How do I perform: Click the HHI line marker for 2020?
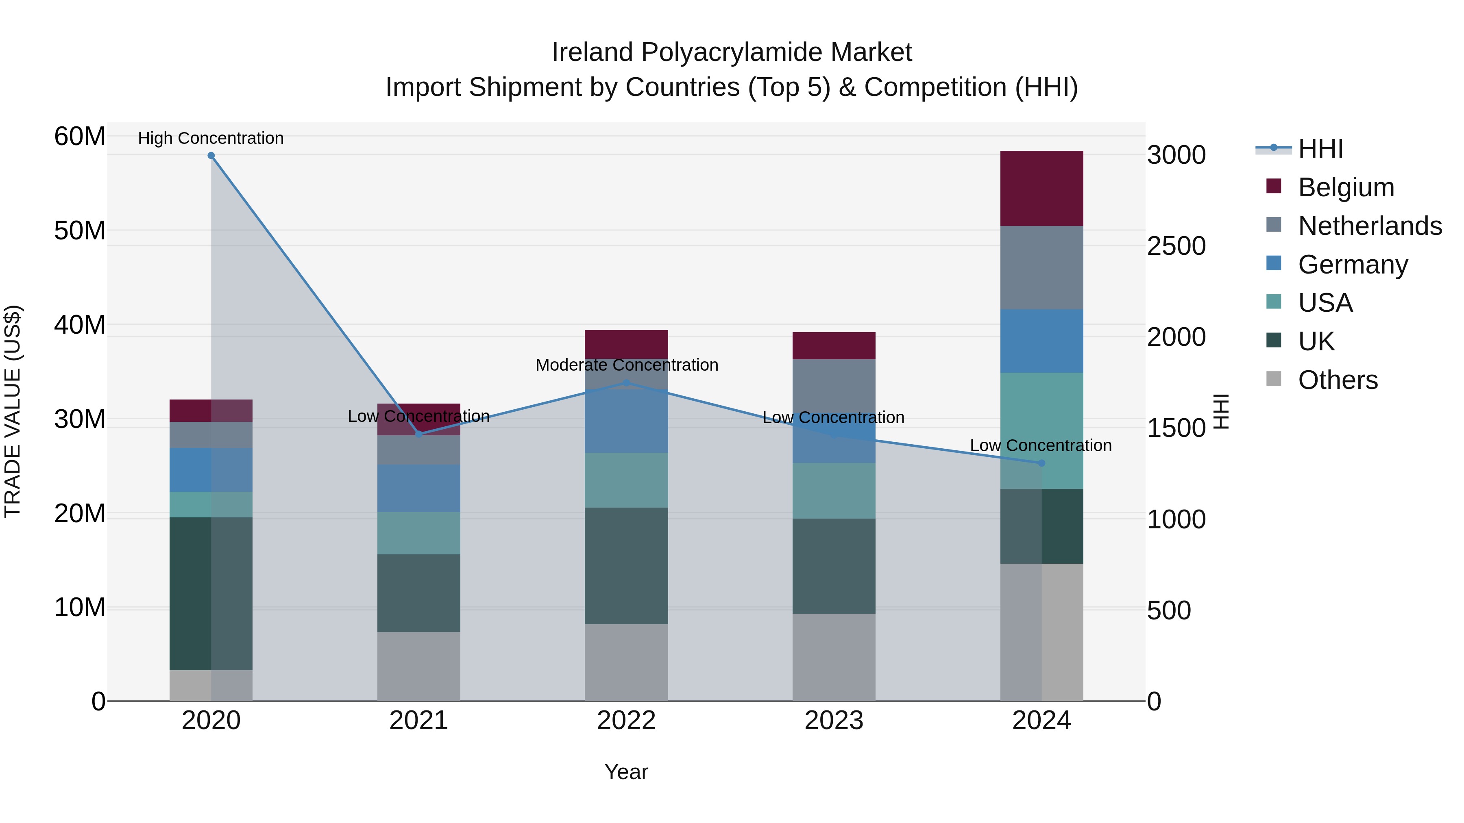pyautogui.click(x=211, y=156)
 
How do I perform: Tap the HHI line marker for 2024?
pyautogui.click(x=1041, y=463)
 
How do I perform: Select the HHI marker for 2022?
pyautogui.click(x=626, y=383)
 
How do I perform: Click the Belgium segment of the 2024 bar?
pyautogui.click(x=1041, y=189)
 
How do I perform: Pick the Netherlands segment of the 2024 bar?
pyautogui.click(x=1041, y=267)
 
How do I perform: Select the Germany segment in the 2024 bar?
pyautogui.click(x=1041, y=341)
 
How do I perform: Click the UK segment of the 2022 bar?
pyautogui.click(x=626, y=566)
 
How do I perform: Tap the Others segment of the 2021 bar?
pyautogui.click(x=419, y=666)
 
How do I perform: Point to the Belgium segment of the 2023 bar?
pyautogui.click(x=834, y=345)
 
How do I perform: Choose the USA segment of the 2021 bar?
pyautogui.click(x=419, y=533)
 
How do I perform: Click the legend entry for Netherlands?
pyautogui.click(x=1370, y=226)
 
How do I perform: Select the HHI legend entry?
pyautogui.click(x=1320, y=149)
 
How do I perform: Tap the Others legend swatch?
pyautogui.click(x=1274, y=379)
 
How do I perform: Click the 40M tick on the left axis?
pyautogui.click(x=80, y=325)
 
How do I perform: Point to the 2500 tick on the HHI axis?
pyautogui.click(x=1176, y=246)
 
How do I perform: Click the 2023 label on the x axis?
pyautogui.click(x=834, y=721)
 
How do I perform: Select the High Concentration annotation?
pyautogui.click(x=211, y=138)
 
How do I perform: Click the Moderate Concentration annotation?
pyautogui.click(x=626, y=365)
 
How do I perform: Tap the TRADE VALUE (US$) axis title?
pyautogui.click(x=13, y=411)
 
